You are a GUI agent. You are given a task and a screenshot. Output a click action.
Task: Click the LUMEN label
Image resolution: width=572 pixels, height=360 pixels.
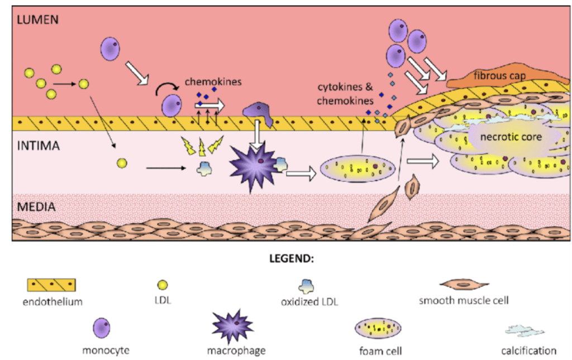click(x=38, y=19)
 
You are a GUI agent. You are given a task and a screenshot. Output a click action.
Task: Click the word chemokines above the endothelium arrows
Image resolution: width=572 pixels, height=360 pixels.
click(x=213, y=82)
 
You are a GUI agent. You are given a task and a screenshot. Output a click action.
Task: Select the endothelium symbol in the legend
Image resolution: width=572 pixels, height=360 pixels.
click(x=51, y=285)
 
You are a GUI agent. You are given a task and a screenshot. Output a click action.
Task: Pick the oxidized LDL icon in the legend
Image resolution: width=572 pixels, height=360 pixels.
click(x=305, y=285)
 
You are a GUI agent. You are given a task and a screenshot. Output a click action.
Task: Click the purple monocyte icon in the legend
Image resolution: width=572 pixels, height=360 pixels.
click(x=101, y=328)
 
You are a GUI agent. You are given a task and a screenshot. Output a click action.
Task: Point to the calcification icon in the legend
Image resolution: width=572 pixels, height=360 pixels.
click(x=524, y=331)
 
